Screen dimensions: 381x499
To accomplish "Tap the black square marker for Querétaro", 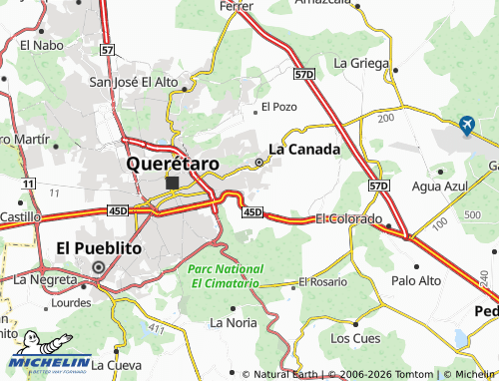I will (173, 183).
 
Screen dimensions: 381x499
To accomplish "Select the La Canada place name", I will (305, 150).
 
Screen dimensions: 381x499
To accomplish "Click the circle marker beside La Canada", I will (259, 162).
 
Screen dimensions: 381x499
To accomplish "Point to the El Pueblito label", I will (99, 247).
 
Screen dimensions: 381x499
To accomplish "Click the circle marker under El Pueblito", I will (98, 267).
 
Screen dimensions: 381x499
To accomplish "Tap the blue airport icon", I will (466, 125).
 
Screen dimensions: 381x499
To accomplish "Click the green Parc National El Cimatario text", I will (226, 276).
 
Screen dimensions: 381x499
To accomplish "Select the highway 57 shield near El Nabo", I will (107, 48).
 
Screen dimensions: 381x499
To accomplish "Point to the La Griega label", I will (360, 62).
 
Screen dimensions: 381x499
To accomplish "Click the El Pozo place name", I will (278, 106).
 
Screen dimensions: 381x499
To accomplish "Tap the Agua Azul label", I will (439, 187).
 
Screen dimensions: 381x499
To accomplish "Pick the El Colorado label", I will (348, 218).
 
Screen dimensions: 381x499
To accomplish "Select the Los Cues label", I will (354, 338).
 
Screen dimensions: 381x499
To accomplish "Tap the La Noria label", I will (232, 322).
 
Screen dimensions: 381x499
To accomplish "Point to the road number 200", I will (385, 118).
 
